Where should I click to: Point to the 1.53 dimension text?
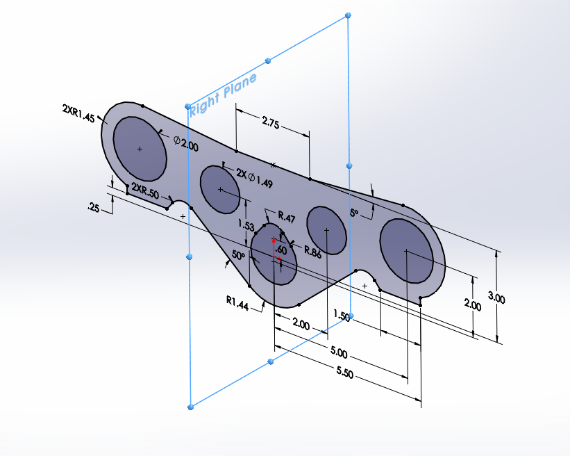(x=245, y=225)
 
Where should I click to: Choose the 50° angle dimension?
(x=239, y=256)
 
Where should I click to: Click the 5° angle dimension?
(x=355, y=214)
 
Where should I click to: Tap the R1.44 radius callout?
(x=237, y=301)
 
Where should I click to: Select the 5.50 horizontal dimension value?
(x=344, y=374)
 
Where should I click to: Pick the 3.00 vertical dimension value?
(x=496, y=298)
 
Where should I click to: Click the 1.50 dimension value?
(x=342, y=316)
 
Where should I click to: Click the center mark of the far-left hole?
(x=140, y=149)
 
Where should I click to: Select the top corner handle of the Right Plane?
(x=348, y=15)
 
